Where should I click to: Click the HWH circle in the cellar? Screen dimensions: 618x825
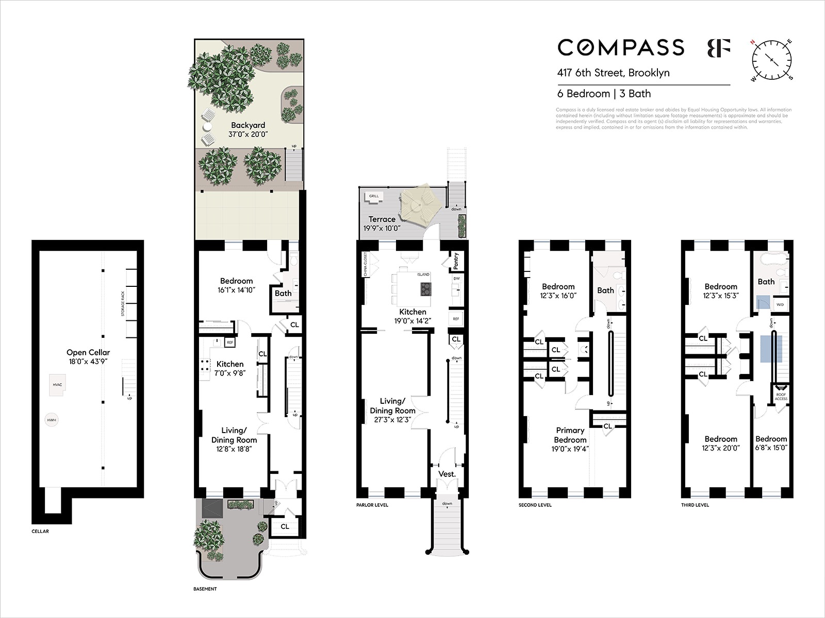tap(52, 420)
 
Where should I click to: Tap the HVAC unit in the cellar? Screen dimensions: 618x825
tap(57, 385)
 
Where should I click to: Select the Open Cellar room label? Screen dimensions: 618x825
tap(88, 353)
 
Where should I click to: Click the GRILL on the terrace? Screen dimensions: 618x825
tap(374, 196)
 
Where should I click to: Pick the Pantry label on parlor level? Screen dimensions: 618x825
tap(456, 261)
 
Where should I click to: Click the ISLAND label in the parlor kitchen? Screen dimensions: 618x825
tap(423, 274)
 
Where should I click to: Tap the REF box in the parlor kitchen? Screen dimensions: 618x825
tap(456, 319)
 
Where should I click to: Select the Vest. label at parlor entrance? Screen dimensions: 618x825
tap(447, 474)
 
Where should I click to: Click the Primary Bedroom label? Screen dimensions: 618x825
tap(570, 435)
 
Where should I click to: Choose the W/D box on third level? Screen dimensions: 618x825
tap(780, 304)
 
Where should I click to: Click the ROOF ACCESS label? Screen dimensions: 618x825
tap(781, 397)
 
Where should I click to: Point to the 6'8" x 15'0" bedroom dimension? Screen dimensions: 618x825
tap(771, 448)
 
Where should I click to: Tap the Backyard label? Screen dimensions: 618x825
tap(248, 125)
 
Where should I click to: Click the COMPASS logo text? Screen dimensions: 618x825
tap(621, 47)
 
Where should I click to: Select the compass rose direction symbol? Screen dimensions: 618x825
tap(771, 60)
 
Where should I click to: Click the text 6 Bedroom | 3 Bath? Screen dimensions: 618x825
tap(604, 94)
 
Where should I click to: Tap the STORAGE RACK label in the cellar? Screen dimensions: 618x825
tap(123, 304)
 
